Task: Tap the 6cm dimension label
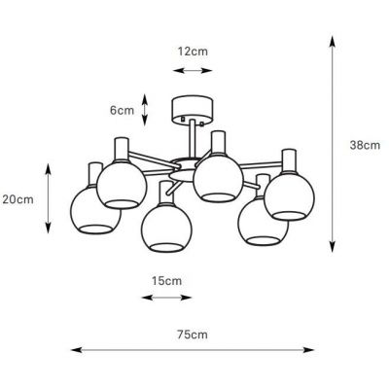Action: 122,110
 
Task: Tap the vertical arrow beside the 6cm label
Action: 146,110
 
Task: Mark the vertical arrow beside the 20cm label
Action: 50,199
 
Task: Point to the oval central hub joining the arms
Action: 186,161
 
